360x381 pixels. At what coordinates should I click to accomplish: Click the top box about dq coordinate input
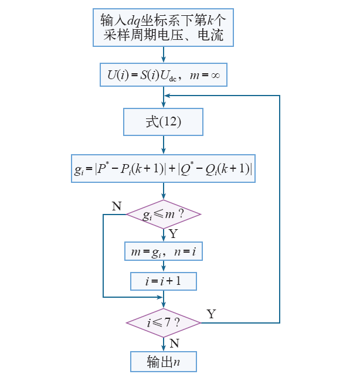click(x=163, y=27)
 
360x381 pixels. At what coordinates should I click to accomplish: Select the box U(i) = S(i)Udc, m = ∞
click(x=163, y=75)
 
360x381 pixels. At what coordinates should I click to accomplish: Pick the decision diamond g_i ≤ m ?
click(x=164, y=215)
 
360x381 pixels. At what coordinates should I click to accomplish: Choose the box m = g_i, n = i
click(x=163, y=251)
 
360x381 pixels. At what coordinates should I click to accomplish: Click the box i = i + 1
click(x=163, y=281)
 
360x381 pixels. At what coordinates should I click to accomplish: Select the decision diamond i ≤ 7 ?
click(x=164, y=322)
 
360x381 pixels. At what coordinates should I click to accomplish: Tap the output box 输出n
click(x=163, y=362)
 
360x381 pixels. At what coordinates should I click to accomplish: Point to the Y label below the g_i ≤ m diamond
click(x=173, y=234)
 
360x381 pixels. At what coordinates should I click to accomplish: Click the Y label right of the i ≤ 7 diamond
click(x=212, y=314)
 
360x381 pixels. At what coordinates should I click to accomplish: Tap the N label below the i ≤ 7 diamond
click(x=174, y=343)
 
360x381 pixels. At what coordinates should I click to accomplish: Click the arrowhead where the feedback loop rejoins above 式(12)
click(x=167, y=96)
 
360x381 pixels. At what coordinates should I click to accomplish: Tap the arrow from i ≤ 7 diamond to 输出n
click(x=164, y=344)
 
